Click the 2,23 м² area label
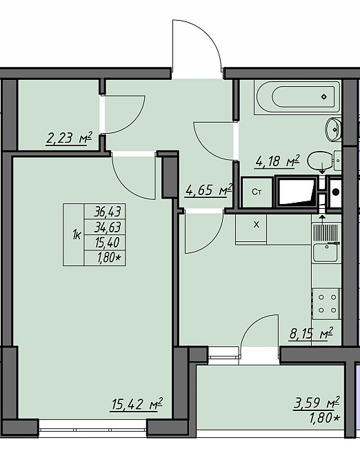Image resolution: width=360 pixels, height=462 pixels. (69, 139)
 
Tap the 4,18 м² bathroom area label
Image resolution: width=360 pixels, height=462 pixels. (277, 161)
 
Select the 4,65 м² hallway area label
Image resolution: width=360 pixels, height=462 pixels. (209, 190)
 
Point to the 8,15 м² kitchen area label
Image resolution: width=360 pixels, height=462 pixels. (312, 334)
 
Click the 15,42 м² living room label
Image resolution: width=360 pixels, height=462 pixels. (137, 404)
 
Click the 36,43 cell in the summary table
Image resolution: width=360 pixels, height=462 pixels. (105, 211)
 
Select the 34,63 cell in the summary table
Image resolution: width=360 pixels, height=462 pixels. (105, 227)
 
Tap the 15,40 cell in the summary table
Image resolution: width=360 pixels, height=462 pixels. (105, 243)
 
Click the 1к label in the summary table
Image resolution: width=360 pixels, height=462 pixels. (77, 235)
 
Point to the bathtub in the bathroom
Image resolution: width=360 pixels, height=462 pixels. (297, 97)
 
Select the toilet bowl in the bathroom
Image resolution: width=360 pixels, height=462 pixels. (320, 161)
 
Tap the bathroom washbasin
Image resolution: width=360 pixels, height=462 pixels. (333, 130)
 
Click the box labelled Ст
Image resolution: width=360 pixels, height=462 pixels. (257, 192)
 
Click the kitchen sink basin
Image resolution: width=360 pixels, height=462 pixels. (326, 253)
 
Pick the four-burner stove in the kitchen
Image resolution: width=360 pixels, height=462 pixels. (327, 303)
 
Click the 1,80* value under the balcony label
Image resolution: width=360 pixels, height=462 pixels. (324, 418)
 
